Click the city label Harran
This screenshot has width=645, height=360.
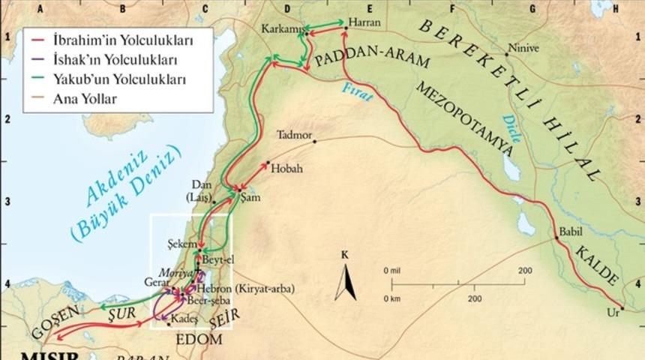point(365,22)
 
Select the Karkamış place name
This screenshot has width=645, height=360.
point(280,28)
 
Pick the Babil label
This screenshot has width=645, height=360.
point(570,232)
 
